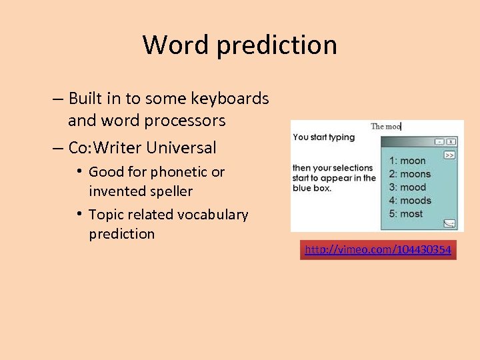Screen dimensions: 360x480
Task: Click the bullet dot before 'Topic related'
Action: coord(79,214)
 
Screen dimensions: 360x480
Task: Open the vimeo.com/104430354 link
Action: coord(378,250)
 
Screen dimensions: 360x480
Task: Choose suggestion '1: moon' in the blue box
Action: coord(407,161)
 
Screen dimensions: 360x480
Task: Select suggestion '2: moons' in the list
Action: coord(410,174)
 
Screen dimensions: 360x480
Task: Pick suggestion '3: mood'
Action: coord(407,187)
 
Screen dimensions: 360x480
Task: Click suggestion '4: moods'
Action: coord(410,201)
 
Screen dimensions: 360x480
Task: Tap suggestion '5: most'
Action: coord(407,214)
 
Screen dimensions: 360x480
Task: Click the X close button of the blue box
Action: coord(451,141)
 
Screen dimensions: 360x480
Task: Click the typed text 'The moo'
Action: coord(385,126)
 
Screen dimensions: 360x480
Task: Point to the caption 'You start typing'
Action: coord(324,137)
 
